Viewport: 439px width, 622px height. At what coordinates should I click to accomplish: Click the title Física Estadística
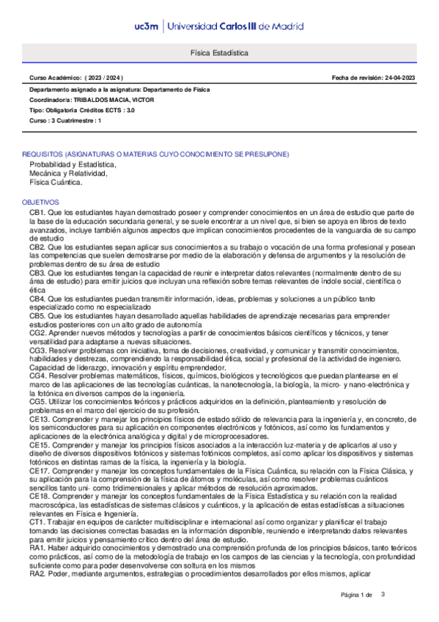[219, 54]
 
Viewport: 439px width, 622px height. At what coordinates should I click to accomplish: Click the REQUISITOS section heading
[155, 154]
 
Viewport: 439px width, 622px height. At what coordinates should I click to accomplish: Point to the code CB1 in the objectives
[37, 211]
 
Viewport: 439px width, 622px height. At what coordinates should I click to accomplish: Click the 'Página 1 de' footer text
[357, 595]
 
